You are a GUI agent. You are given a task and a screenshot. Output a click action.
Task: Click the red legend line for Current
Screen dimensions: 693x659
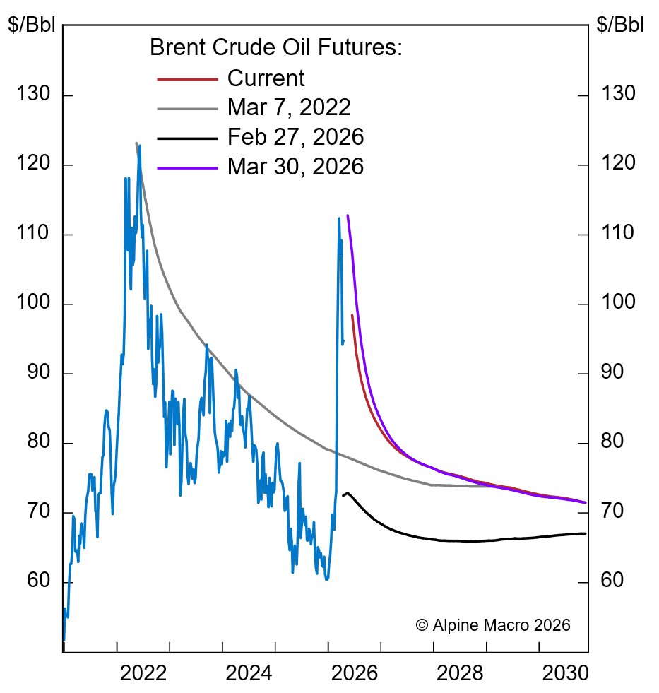(x=187, y=79)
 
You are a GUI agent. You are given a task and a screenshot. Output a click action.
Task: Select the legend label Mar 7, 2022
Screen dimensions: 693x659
(x=289, y=108)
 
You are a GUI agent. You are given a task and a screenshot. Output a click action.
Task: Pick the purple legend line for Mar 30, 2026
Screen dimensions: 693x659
(x=187, y=167)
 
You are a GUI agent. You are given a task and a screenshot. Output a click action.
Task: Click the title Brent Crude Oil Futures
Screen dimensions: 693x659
(x=275, y=48)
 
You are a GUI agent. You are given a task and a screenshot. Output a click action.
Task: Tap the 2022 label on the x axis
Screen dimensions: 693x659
(x=143, y=673)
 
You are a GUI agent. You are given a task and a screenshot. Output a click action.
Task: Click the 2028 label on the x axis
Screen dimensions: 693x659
(x=460, y=673)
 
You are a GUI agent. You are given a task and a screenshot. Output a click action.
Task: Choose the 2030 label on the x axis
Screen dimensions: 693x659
(x=565, y=673)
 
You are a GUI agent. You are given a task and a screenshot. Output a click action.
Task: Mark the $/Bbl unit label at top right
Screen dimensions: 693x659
(x=620, y=25)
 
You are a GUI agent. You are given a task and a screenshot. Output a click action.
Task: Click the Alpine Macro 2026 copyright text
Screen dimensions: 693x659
(x=492, y=625)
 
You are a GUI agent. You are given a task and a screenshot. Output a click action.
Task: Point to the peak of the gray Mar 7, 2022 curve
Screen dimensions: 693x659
(x=136, y=143)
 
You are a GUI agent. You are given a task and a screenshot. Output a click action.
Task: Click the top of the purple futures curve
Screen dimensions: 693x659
(x=348, y=215)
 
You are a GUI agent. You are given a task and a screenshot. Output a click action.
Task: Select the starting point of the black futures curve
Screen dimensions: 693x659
(x=343, y=495)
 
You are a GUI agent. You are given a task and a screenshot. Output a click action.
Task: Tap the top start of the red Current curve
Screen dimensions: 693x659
(x=352, y=315)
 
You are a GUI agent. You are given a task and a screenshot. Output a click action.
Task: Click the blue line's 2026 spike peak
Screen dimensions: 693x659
(x=338, y=218)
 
